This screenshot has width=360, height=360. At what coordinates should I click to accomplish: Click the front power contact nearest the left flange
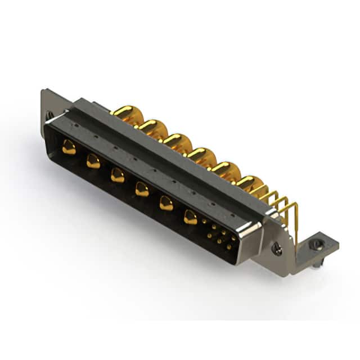click(69, 148)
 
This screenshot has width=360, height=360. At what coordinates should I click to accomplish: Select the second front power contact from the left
click(93, 162)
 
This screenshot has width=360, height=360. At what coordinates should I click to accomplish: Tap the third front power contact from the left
click(118, 175)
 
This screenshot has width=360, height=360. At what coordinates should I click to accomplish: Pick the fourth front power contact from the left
click(142, 190)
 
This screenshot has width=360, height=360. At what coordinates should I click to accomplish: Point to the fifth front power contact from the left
click(166, 203)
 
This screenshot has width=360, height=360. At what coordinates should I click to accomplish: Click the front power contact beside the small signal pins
click(191, 217)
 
